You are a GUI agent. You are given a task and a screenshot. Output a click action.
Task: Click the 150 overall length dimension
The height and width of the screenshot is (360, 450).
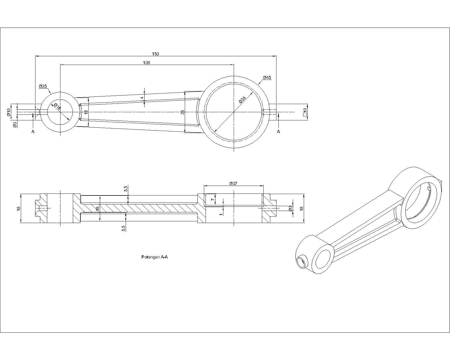[156, 54]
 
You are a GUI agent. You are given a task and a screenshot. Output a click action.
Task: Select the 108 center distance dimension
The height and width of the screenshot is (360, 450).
[147, 62]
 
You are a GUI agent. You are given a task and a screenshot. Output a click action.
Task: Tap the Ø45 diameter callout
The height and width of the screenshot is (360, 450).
[267, 77]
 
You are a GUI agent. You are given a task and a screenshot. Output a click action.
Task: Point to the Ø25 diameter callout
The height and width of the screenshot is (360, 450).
[43, 86]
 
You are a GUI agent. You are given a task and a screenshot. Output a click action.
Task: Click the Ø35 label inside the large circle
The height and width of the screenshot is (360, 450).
[242, 100]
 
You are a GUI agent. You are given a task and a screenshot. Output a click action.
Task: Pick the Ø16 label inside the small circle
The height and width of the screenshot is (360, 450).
[57, 106]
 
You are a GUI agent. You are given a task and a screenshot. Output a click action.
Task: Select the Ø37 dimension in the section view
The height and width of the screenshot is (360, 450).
[233, 183]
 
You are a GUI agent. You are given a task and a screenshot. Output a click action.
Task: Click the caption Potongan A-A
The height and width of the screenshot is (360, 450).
[154, 257]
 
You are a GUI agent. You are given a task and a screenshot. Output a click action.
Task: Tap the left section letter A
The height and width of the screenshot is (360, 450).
[33, 132]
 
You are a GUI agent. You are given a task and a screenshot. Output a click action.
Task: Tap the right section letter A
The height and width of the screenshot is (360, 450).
[278, 132]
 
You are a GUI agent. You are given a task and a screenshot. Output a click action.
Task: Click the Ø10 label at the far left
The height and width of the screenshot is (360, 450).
[9, 112]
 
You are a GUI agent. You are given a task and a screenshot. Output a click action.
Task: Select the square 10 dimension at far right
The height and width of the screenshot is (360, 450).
[305, 112]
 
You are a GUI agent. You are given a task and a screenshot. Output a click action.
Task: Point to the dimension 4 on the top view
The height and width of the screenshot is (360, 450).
[142, 98]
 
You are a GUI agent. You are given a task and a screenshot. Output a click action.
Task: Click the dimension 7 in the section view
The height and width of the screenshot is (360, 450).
[213, 199]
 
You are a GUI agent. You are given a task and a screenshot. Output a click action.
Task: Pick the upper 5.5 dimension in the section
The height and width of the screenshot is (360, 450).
[125, 189]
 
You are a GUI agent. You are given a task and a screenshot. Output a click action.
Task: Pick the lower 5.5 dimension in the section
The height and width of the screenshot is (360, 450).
[123, 228]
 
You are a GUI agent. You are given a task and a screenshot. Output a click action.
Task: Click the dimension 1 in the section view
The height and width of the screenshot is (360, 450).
[221, 214]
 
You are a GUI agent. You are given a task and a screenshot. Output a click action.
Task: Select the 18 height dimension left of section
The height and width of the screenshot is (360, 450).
[19, 208]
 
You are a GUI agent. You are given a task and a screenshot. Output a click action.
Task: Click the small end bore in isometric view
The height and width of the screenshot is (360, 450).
[322, 259]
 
